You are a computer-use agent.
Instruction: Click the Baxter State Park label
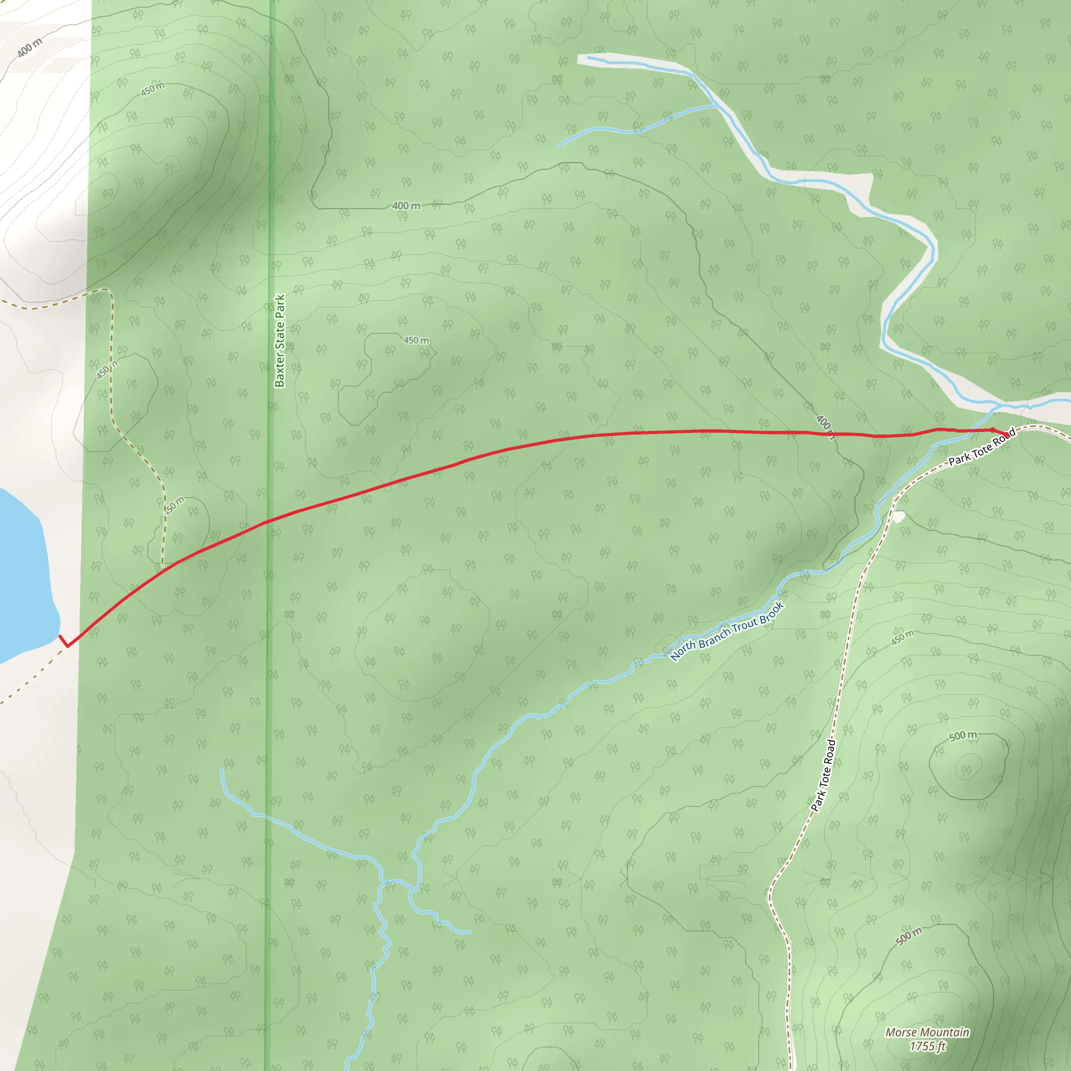[x=279, y=340]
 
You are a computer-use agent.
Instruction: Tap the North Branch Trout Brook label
[x=727, y=631]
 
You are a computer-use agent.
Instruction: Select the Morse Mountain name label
[x=927, y=1032]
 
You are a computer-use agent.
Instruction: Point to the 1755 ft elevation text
[x=927, y=1046]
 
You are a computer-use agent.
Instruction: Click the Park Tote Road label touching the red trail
[x=982, y=447]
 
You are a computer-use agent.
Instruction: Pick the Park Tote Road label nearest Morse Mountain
[x=823, y=776]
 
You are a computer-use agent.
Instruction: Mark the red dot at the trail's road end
[x=1006, y=435]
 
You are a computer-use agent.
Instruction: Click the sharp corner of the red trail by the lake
[x=67, y=646]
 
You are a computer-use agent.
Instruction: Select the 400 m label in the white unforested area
[x=29, y=48]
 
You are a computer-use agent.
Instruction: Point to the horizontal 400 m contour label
[x=406, y=206]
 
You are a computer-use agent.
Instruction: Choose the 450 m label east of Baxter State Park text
[x=416, y=340]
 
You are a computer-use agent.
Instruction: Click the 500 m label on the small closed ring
[x=963, y=736]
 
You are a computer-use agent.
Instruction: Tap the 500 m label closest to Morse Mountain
[x=908, y=936]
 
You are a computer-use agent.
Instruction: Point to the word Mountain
[x=945, y=1032]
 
